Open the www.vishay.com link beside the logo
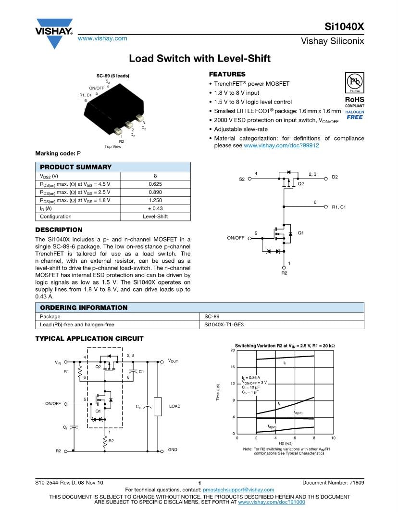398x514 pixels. point(102,39)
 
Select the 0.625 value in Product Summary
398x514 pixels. point(155,184)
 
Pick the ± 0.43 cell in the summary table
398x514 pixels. point(155,208)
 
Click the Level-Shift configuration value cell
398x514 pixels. point(155,217)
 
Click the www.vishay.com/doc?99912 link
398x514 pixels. point(281,145)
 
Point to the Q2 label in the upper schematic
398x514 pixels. point(301,184)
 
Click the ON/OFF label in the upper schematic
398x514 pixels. point(236,238)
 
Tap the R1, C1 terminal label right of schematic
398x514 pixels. point(338,207)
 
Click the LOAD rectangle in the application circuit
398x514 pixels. point(157,406)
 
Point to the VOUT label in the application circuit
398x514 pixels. point(173,361)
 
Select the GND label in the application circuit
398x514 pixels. point(173,450)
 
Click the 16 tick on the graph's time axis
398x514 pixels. point(232,367)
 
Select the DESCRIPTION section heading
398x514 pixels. point(59,230)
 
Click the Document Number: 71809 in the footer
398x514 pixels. point(333,482)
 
